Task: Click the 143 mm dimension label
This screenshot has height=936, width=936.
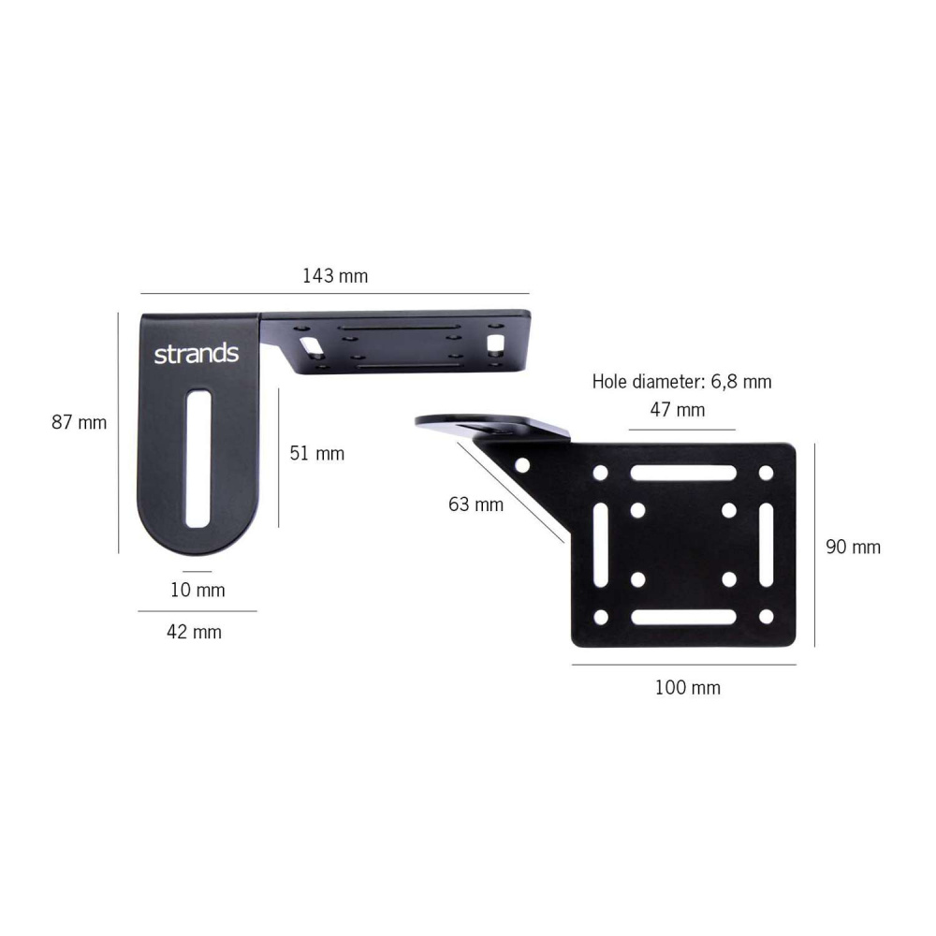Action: tap(335, 276)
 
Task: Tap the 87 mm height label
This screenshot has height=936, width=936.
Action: tap(79, 422)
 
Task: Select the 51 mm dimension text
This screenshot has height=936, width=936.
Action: tap(316, 454)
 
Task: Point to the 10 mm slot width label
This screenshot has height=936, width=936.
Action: tap(197, 591)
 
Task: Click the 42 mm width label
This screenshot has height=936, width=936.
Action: tap(194, 632)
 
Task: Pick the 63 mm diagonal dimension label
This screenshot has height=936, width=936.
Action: tap(475, 505)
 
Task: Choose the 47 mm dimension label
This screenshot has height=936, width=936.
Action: tap(678, 410)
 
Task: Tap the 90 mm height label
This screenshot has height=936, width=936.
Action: tap(853, 547)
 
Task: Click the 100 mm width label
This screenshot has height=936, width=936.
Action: tap(687, 688)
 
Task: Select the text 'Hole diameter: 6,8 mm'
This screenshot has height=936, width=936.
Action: tap(681, 382)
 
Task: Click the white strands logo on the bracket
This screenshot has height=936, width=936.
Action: tap(196, 355)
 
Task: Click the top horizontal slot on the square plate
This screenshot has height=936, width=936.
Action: tap(682, 473)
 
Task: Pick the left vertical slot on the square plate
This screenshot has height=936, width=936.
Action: tap(600, 545)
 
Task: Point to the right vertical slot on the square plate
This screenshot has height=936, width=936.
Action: tap(766, 545)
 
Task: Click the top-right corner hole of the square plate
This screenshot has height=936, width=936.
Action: tap(766, 473)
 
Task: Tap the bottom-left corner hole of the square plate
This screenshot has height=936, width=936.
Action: tap(600, 617)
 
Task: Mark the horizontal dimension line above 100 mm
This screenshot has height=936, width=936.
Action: tap(683, 665)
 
